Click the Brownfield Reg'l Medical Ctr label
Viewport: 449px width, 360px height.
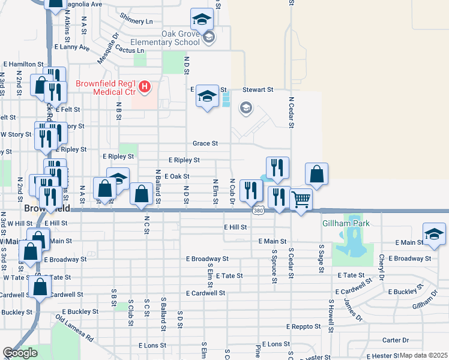[x=106, y=88]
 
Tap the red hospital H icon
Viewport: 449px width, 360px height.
[x=145, y=88]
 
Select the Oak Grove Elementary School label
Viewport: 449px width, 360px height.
[x=171, y=38]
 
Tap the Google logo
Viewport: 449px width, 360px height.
[x=20, y=353]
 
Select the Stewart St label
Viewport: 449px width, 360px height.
[x=258, y=89]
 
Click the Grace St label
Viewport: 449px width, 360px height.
[x=205, y=143]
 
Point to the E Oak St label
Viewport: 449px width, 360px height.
[x=176, y=176]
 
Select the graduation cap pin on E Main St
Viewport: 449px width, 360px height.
[x=434, y=234]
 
